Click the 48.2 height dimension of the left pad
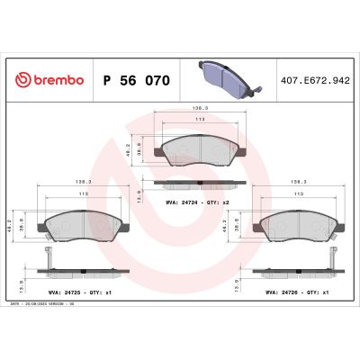pos(12,221)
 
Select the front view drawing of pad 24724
pos(193,148)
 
